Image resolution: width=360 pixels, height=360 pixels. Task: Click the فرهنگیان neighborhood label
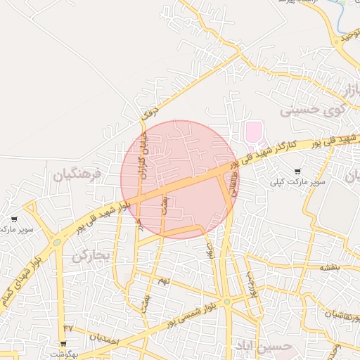pyautogui.click(x=77, y=173)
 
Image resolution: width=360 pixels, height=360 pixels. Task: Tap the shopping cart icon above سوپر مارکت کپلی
pyautogui.click(x=299, y=171)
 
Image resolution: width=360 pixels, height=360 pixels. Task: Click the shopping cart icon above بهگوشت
pyautogui.click(x=63, y=344)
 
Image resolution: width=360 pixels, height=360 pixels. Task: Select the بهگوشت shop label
pyautogui.click(x=62, y=353)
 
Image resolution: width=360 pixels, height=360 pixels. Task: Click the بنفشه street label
pyautogui.click(x=330, y=267)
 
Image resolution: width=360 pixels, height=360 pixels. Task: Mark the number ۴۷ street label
pyautogui.click(x=68, y=328)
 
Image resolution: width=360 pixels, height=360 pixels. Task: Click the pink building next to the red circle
pyautogui.click(x=252, y=131)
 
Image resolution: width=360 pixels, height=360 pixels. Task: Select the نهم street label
pyautogui.click(x=165, y=281)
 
